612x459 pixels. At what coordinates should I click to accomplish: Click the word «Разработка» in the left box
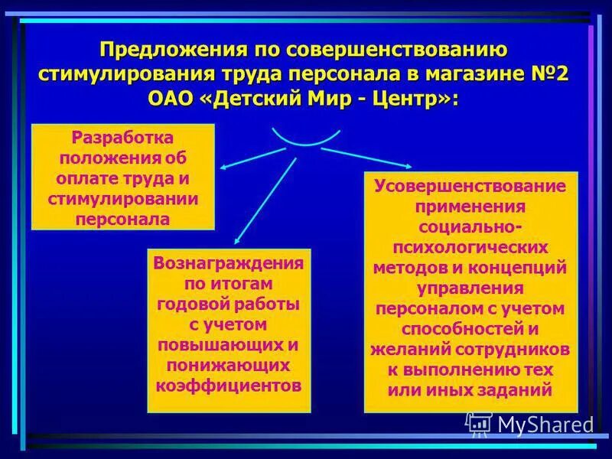point(122,139)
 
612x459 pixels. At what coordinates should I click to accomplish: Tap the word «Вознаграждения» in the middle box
point(229,264)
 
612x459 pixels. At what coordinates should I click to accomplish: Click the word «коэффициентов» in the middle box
point(229,385)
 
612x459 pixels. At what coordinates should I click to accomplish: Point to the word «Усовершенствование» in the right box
point(470,187)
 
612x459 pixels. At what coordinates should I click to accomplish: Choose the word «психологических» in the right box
point(470,248)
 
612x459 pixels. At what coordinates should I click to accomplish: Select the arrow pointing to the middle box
point(264,200)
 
